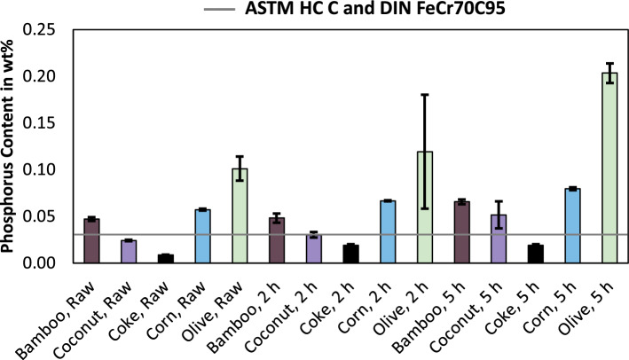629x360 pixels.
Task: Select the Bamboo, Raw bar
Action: pyautogui.click(x=91, y=241)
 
